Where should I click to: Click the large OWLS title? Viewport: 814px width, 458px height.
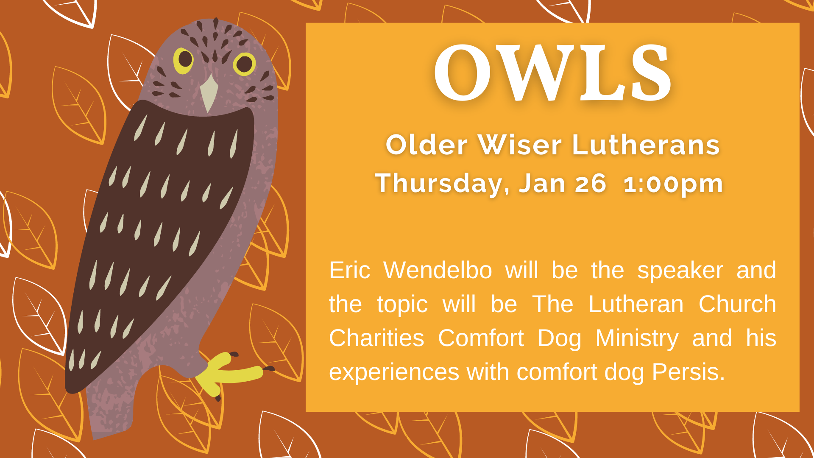click(552, 73)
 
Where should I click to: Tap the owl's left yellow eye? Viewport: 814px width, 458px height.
click(184, 60)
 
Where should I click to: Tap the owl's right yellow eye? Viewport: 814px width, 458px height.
click(244, 64)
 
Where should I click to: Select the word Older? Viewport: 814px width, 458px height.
click(427, 145)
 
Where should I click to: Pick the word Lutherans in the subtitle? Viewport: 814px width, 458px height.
click(646, 145)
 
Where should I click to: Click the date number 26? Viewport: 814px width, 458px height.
click(590, 184)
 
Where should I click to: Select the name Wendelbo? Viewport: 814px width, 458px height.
click(438, 270)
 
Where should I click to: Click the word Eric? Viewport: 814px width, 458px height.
click(350, 270)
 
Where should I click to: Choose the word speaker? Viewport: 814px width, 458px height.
click(680, 271)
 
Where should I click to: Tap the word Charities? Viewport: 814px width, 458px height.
click(376, 338)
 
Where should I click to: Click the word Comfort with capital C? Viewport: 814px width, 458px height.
click(481, 338)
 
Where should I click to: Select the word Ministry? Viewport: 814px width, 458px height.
click(637, 339)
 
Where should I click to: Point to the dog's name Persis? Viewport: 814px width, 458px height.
click(688, 372)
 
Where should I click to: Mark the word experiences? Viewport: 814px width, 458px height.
click(394, 373)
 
